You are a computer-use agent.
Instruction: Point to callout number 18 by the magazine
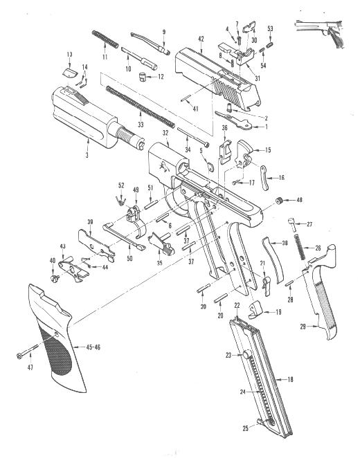pyautogui.click(x=290, y=379)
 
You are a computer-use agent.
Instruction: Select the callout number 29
pyautogui.click(x=302, y=325)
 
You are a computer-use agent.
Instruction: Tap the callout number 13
pyautogui.click(x=69, y=54)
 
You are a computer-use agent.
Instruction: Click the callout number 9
pyautogui.click(x=164, y=32)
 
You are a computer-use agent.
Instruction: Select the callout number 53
pyautogui.click(x=270, y=29)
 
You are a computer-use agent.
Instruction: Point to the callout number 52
pyautogui.click(x=121, y=185)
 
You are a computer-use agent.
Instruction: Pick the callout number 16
pyautogui.click(x=282, y=178)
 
